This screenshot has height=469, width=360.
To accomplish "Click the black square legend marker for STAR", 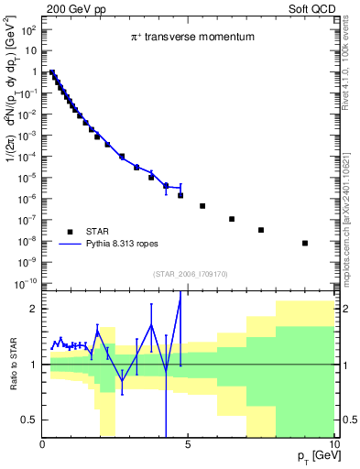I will tap(70, 230).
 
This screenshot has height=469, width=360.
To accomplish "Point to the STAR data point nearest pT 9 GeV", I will tap(305, 243).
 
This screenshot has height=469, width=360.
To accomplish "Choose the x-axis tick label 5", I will tap(188, 445).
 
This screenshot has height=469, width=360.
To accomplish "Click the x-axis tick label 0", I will tap(43, 445).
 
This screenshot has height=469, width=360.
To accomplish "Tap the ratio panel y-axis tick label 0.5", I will tap(30, 420).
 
